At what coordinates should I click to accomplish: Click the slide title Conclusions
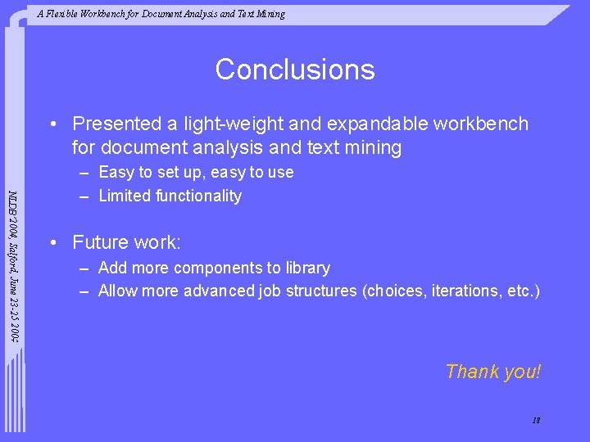[x=295, y=70]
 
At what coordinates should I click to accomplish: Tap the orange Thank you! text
[x=492, y=372]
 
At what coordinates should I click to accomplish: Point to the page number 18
[x=536, y=421]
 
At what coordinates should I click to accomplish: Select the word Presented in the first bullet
[x=117, y=124]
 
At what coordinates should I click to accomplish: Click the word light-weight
[x=232, y=124]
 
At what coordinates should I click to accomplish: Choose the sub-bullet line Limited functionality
[x=170, y=196]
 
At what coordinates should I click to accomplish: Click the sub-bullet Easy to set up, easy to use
[x=196, y=173]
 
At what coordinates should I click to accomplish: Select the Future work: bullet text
[x=126, y=242]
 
